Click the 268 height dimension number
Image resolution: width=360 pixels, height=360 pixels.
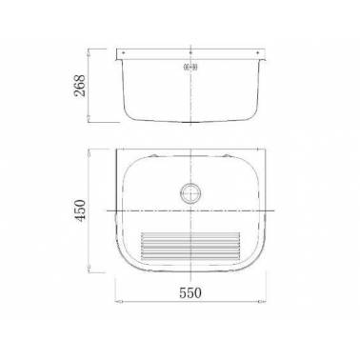[79, 86]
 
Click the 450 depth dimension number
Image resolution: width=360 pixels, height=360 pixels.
[79, 210]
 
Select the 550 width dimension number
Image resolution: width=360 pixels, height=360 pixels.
[190, 292]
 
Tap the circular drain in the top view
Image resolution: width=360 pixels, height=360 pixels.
[190, 193]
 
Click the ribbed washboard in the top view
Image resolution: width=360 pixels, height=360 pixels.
[190, 246]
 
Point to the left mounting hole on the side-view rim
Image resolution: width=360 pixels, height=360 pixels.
[123, 52]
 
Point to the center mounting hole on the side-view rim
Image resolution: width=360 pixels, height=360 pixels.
[190, 52]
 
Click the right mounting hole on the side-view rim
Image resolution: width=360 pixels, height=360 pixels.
[258, 52]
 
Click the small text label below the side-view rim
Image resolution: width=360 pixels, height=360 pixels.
[190, 67]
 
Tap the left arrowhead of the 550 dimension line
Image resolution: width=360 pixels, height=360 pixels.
[118, 301]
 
